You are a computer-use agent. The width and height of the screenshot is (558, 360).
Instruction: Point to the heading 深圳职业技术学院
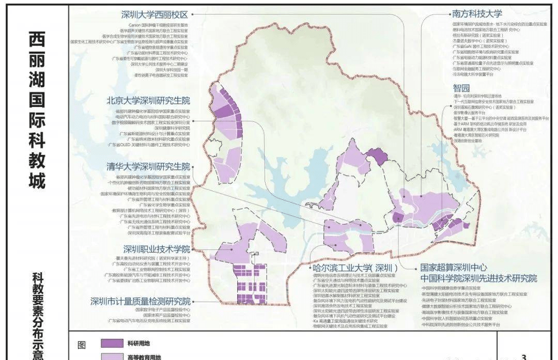click(x=157, y=248)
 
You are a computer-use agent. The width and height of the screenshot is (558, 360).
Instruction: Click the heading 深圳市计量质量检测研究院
click(x=141, y=301)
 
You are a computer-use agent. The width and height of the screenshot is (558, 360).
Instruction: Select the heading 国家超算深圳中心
click(x=452, y=268)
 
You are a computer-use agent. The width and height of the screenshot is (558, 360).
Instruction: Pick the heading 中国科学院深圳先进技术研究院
click(x=479, y=278)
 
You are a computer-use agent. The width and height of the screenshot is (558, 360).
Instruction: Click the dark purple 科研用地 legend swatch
click(x=109, y=343)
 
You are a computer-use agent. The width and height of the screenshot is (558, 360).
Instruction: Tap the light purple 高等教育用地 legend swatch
click(x=109, y=356)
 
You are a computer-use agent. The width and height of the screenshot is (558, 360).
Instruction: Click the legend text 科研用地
click(x=137, y=343)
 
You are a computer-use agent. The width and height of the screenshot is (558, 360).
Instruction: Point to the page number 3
click(x=524, y=356)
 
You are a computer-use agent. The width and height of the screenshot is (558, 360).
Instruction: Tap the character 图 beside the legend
click(x=81, y=345)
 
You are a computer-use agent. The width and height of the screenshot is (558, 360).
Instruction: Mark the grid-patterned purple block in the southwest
click(x=250, y=285)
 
